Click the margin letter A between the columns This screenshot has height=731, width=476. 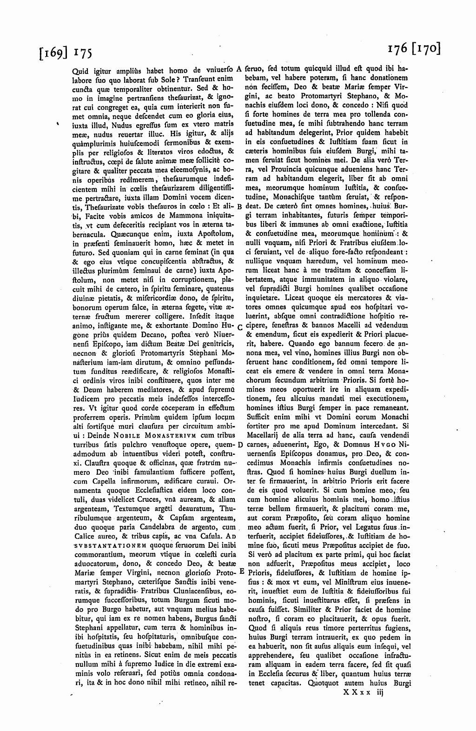(x=238, y=69)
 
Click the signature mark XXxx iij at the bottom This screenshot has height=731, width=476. (x=362, y=692)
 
